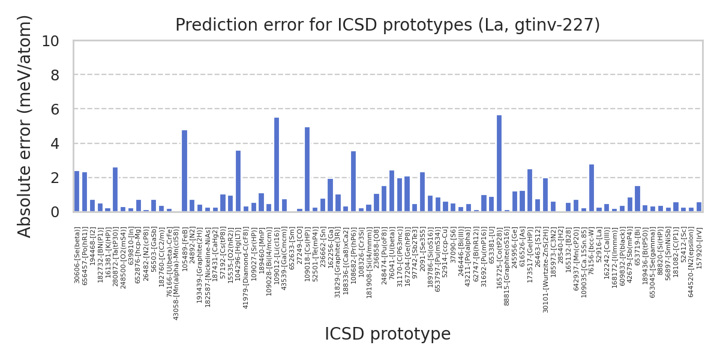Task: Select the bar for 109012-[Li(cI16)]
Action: coord(277,164)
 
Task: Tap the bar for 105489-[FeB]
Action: coord(185,171)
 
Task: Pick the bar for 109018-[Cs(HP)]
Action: coord(307,169)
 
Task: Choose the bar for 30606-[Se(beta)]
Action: coord(77,191)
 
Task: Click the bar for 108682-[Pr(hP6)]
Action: coord(353,181)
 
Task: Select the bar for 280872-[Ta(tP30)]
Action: coord(115,190)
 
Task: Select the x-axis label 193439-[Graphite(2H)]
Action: coord(200,265)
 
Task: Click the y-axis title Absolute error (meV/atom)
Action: coord(25,126)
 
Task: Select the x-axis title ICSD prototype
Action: coord(388,334)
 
